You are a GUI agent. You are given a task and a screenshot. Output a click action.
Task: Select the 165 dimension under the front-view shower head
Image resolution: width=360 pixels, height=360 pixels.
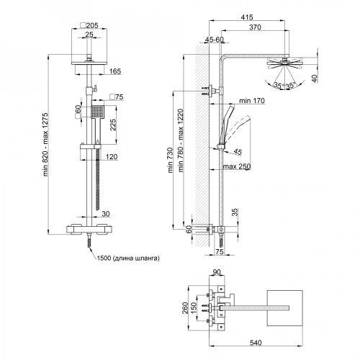coord(114,71)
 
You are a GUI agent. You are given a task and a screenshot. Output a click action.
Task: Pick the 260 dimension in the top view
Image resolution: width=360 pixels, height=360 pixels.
coord(185,308)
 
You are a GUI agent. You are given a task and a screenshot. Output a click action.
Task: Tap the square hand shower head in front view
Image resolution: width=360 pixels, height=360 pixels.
coord(97,112)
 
